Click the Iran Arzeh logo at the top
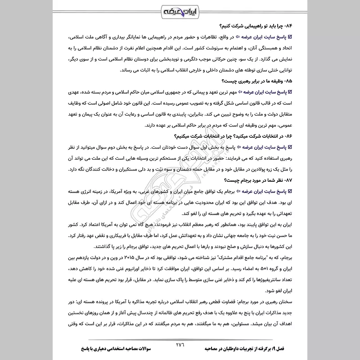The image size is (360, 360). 180,10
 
